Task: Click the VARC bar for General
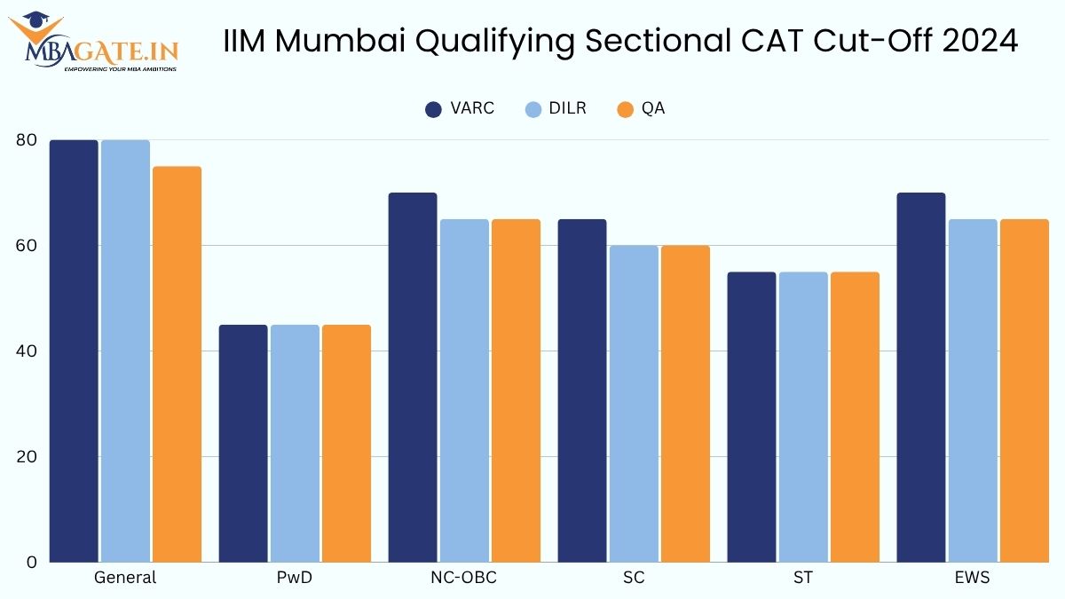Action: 74,351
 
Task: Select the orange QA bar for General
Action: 177,364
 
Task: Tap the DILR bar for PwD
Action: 295,444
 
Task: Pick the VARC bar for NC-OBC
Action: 413,377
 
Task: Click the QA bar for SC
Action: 685,404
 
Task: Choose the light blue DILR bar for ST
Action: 803,417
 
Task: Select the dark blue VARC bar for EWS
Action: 921,377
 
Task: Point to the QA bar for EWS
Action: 1024,390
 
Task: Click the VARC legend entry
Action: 460,109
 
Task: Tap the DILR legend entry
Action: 555,109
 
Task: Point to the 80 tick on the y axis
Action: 26,140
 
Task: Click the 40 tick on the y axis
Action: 26,351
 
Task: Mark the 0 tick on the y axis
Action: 31,563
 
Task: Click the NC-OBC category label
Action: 463,578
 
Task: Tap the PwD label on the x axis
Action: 295,578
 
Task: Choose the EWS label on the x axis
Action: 973,578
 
